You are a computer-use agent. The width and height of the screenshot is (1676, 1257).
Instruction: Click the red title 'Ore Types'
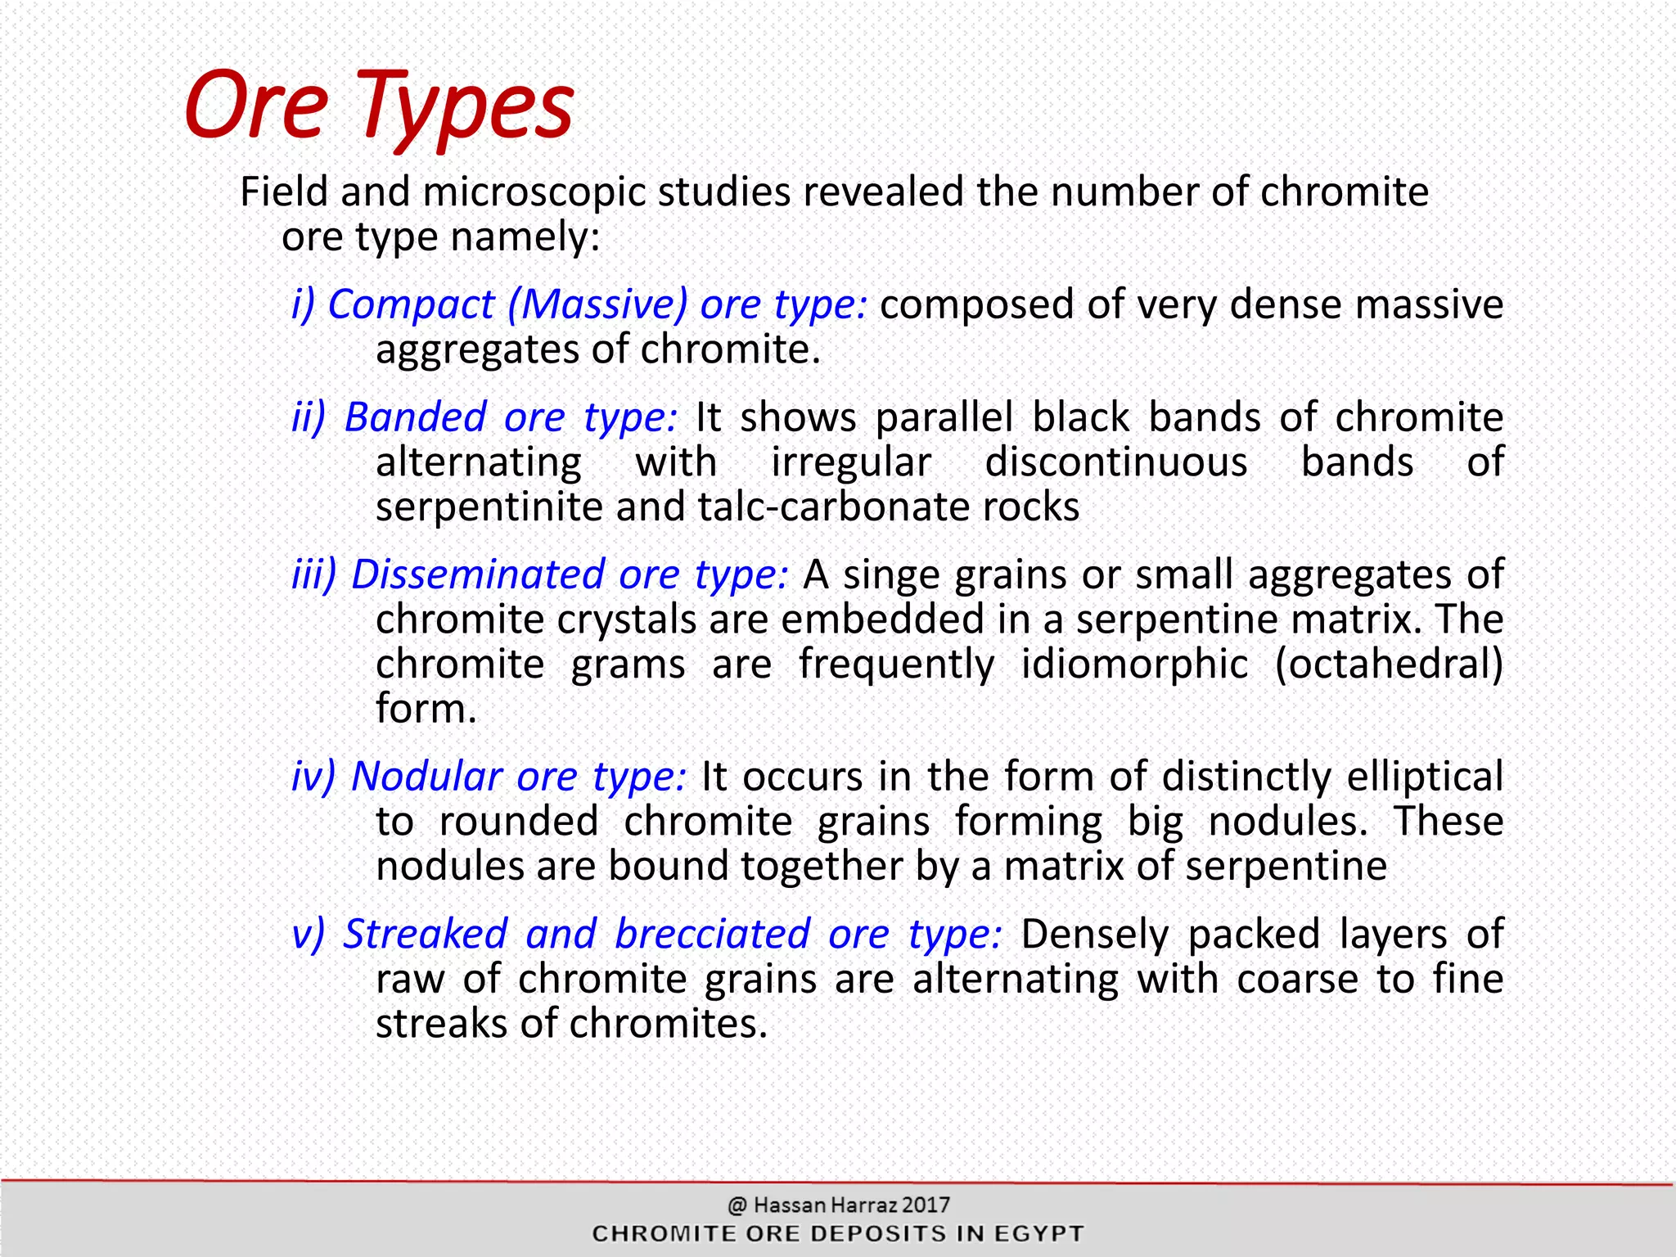[378, 106]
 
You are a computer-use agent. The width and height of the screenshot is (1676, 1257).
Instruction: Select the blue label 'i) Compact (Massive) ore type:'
[579, 304]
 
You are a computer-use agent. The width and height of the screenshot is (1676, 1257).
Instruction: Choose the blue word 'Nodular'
[426, 777]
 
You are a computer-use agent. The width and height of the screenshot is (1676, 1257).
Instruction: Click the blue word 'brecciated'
[712, 935]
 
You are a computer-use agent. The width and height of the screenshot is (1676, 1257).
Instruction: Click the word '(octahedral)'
[1389, 664]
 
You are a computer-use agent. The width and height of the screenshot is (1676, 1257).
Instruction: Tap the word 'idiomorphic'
[1134, 664]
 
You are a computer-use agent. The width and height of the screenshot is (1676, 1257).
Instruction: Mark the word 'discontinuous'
[1115, 462]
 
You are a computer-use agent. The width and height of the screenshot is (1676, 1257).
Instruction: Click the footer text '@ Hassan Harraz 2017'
[838, 1205]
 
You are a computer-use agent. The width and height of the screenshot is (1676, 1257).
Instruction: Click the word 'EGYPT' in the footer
[1038, 1233]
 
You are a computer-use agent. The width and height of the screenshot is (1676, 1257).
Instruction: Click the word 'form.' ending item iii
[426, 709]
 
